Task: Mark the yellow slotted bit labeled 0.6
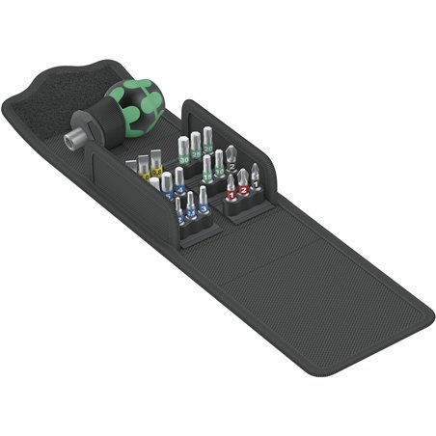point(156,171)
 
